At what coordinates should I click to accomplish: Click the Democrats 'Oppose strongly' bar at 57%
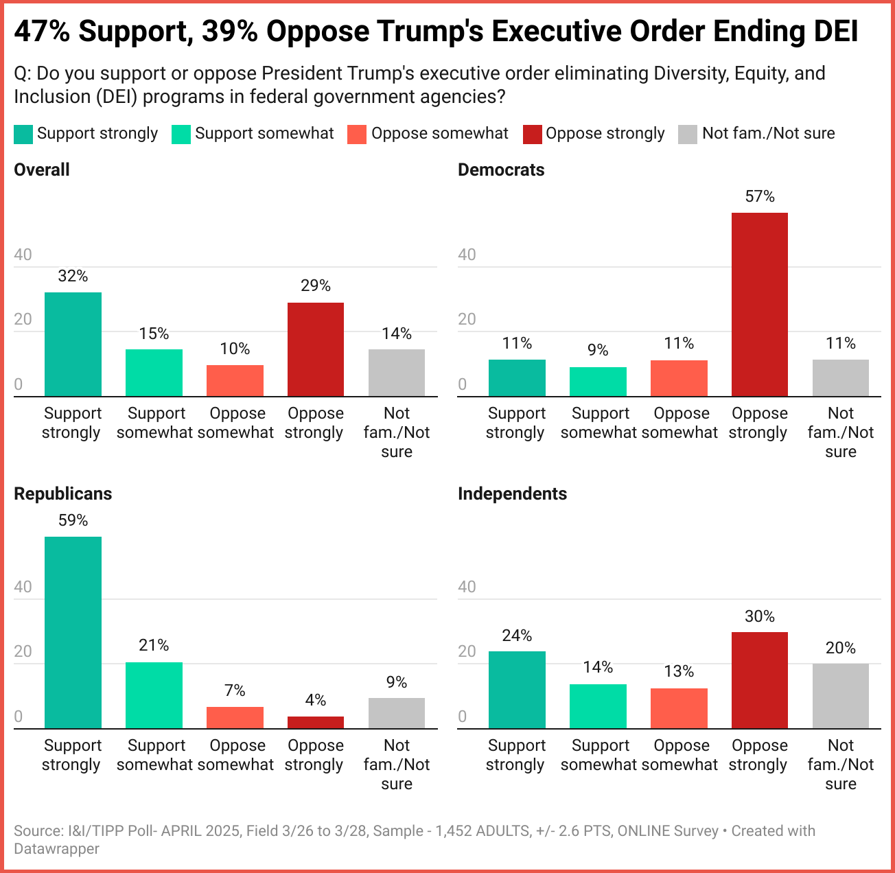(x=759, y=305)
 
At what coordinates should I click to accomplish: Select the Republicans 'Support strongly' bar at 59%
(x=73, y=632)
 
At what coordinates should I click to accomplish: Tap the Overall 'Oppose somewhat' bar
(x=235, y=381)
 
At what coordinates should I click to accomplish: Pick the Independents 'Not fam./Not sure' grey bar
(x=840, y=696)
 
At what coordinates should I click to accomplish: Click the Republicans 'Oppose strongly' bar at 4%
(x=316, y=722)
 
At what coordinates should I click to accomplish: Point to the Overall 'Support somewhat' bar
(x=154, y=373)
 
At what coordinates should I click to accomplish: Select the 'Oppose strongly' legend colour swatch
(x=533, y=135)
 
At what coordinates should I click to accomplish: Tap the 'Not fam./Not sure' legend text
(x=768, y=133)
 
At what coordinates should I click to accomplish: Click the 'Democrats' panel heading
(x=501, y=170)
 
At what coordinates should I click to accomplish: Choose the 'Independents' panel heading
(x=512, y=494)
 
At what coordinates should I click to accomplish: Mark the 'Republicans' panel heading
(x=62, y=494)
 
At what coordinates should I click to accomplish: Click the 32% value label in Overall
(x=73, y=277)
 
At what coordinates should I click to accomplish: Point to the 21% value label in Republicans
(x=154, y=645)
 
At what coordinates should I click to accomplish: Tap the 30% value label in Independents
(x=759, y=616)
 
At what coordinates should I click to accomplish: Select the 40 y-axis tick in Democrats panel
(x=467, y=255)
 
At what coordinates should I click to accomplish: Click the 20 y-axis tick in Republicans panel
(x=23, y=651)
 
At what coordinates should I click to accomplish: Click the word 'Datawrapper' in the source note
(x=56, y=849)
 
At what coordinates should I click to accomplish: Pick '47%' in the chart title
(x=41, y=32)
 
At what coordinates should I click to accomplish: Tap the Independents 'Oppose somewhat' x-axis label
(x=681, y=755)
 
